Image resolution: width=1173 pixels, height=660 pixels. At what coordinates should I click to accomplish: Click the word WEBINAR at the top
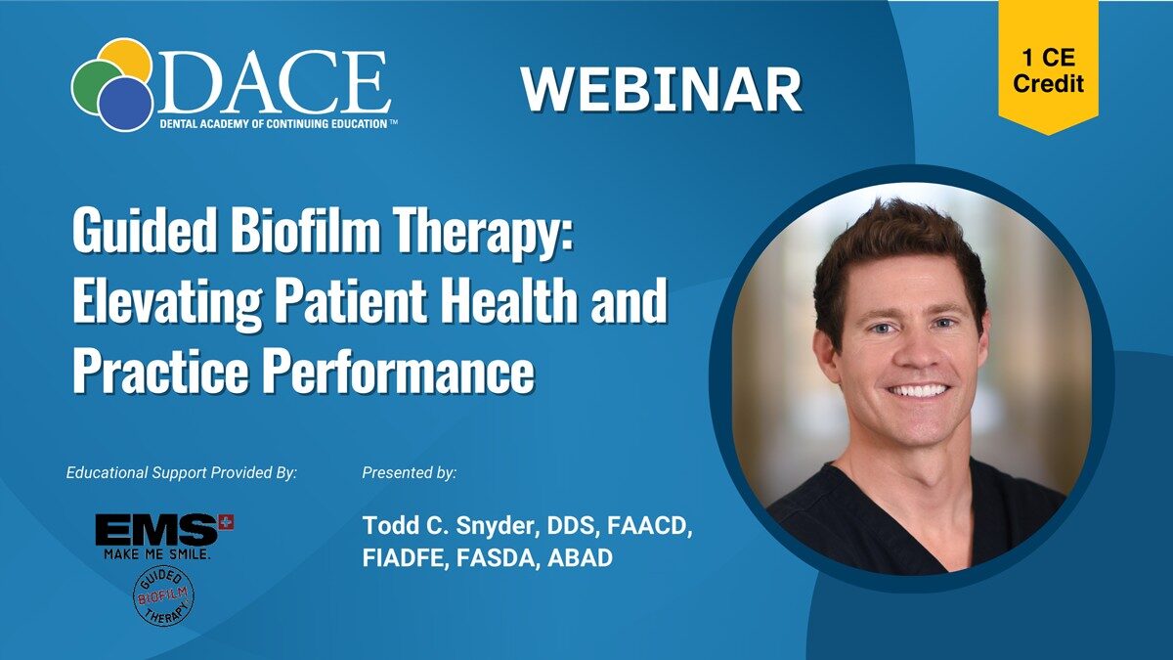point(661,89)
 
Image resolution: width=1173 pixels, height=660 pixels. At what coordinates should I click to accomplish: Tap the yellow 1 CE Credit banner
point(1048,66)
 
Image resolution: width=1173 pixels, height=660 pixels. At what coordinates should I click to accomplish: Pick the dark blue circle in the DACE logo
point(126,105)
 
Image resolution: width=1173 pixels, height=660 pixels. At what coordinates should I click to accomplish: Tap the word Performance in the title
point(398,371)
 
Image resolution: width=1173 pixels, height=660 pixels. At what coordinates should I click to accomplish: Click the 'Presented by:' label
point(409,473)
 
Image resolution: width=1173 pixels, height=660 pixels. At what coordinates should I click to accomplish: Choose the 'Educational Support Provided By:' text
point(181,473)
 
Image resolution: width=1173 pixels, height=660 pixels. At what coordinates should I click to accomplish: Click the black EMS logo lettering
point(157,530)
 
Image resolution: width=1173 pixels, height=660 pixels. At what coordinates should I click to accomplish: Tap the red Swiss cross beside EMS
point(227,522)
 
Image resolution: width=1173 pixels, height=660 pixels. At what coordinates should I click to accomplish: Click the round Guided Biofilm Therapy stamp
point(163,597)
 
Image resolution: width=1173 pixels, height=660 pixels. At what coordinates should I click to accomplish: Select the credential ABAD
point(580,558)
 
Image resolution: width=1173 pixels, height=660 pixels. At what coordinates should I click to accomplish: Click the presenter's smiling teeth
point(919,391)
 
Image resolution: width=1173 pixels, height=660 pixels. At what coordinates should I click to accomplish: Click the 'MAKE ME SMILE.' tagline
point(157,554)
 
